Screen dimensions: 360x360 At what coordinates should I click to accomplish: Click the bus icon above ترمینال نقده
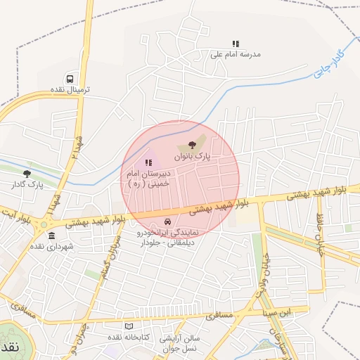pyautogui.click(x=70, y=79)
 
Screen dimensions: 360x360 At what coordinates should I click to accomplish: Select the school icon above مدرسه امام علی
pyautogui.click(x=236, y=44)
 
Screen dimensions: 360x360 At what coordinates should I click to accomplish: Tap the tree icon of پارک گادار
pyautogui.click(x=27, y=174)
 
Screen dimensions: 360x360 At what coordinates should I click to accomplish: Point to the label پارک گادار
pyautogui.click(x=27, y=184)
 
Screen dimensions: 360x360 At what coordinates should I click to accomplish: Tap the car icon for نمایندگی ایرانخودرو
pyautogui.click(x=167, y=221)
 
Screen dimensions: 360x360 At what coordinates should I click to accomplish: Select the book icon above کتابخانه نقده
pyautogui.click(x=128, y=326)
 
